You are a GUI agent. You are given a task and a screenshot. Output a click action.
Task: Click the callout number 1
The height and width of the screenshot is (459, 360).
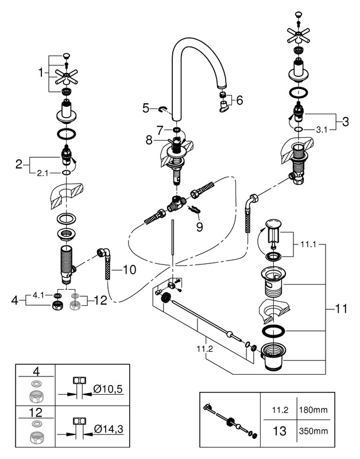[41, 73]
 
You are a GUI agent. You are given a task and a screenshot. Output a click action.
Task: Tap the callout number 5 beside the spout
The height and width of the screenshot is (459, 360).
[146, 107]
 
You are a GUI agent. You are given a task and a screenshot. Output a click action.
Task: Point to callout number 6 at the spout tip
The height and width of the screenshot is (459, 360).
[239, 99]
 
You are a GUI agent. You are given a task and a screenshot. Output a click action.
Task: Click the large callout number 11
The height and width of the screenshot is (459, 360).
[341, 309]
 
